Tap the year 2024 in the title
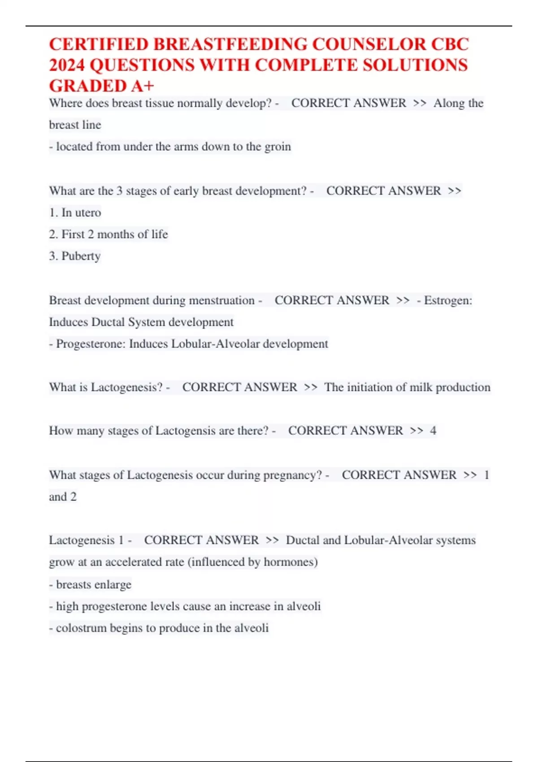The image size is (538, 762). pyautogui.click(x=67, y=65)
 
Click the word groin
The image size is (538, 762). pyautogui.click(x=278, y=147)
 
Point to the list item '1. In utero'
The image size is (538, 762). pyautogui.click(x=75, y=212)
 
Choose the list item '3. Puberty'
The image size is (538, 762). pyautogui.click(x=75, y=256)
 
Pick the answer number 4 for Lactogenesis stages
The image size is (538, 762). pyautogui.click(x=433, y=431)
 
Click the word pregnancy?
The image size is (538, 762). pyautogui.click(x=292, y=475)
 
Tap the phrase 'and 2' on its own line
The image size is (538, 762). pyautogui.click(x=63, y=497)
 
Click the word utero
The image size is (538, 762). pyautogui.click(x=88, y=212)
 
